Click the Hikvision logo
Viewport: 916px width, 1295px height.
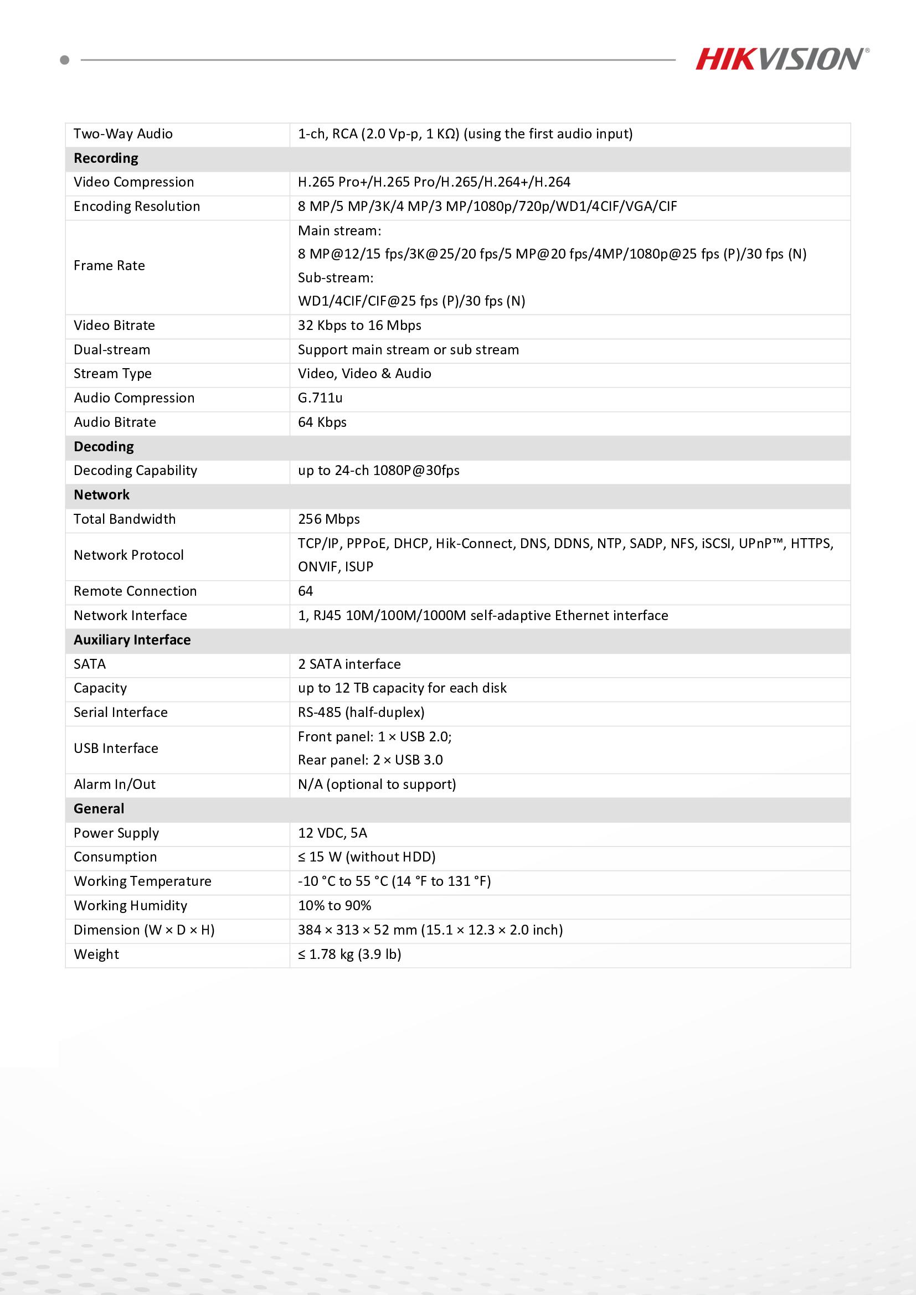(781, 59)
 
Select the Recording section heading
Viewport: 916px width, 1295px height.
(106, 158)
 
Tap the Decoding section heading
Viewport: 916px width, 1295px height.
(104, 447)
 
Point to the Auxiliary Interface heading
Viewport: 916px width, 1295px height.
(132, 640)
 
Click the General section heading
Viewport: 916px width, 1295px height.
(99, 809)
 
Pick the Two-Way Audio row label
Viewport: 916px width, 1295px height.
(123, 134)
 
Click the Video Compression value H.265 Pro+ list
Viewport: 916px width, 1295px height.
(434, 182)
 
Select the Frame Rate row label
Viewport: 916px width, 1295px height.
(109, 266)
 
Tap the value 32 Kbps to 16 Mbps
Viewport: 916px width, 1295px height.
(359, 326)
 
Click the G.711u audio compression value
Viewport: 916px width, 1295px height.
(320, 398)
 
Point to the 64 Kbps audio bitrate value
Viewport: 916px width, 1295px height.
(322, 422)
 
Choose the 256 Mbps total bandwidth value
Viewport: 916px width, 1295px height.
(328, 519)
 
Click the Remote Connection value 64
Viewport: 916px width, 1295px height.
(305, 591)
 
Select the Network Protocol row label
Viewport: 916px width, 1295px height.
(128, 555)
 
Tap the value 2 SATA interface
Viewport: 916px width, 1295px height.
(349, 664)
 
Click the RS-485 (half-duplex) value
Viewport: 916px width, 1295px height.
(361, 713)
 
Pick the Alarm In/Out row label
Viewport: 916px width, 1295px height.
(115, 785)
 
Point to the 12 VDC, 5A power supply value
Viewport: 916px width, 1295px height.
(332, 833)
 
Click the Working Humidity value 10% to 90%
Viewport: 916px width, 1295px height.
(335, 906)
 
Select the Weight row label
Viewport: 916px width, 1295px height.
(96, 955)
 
